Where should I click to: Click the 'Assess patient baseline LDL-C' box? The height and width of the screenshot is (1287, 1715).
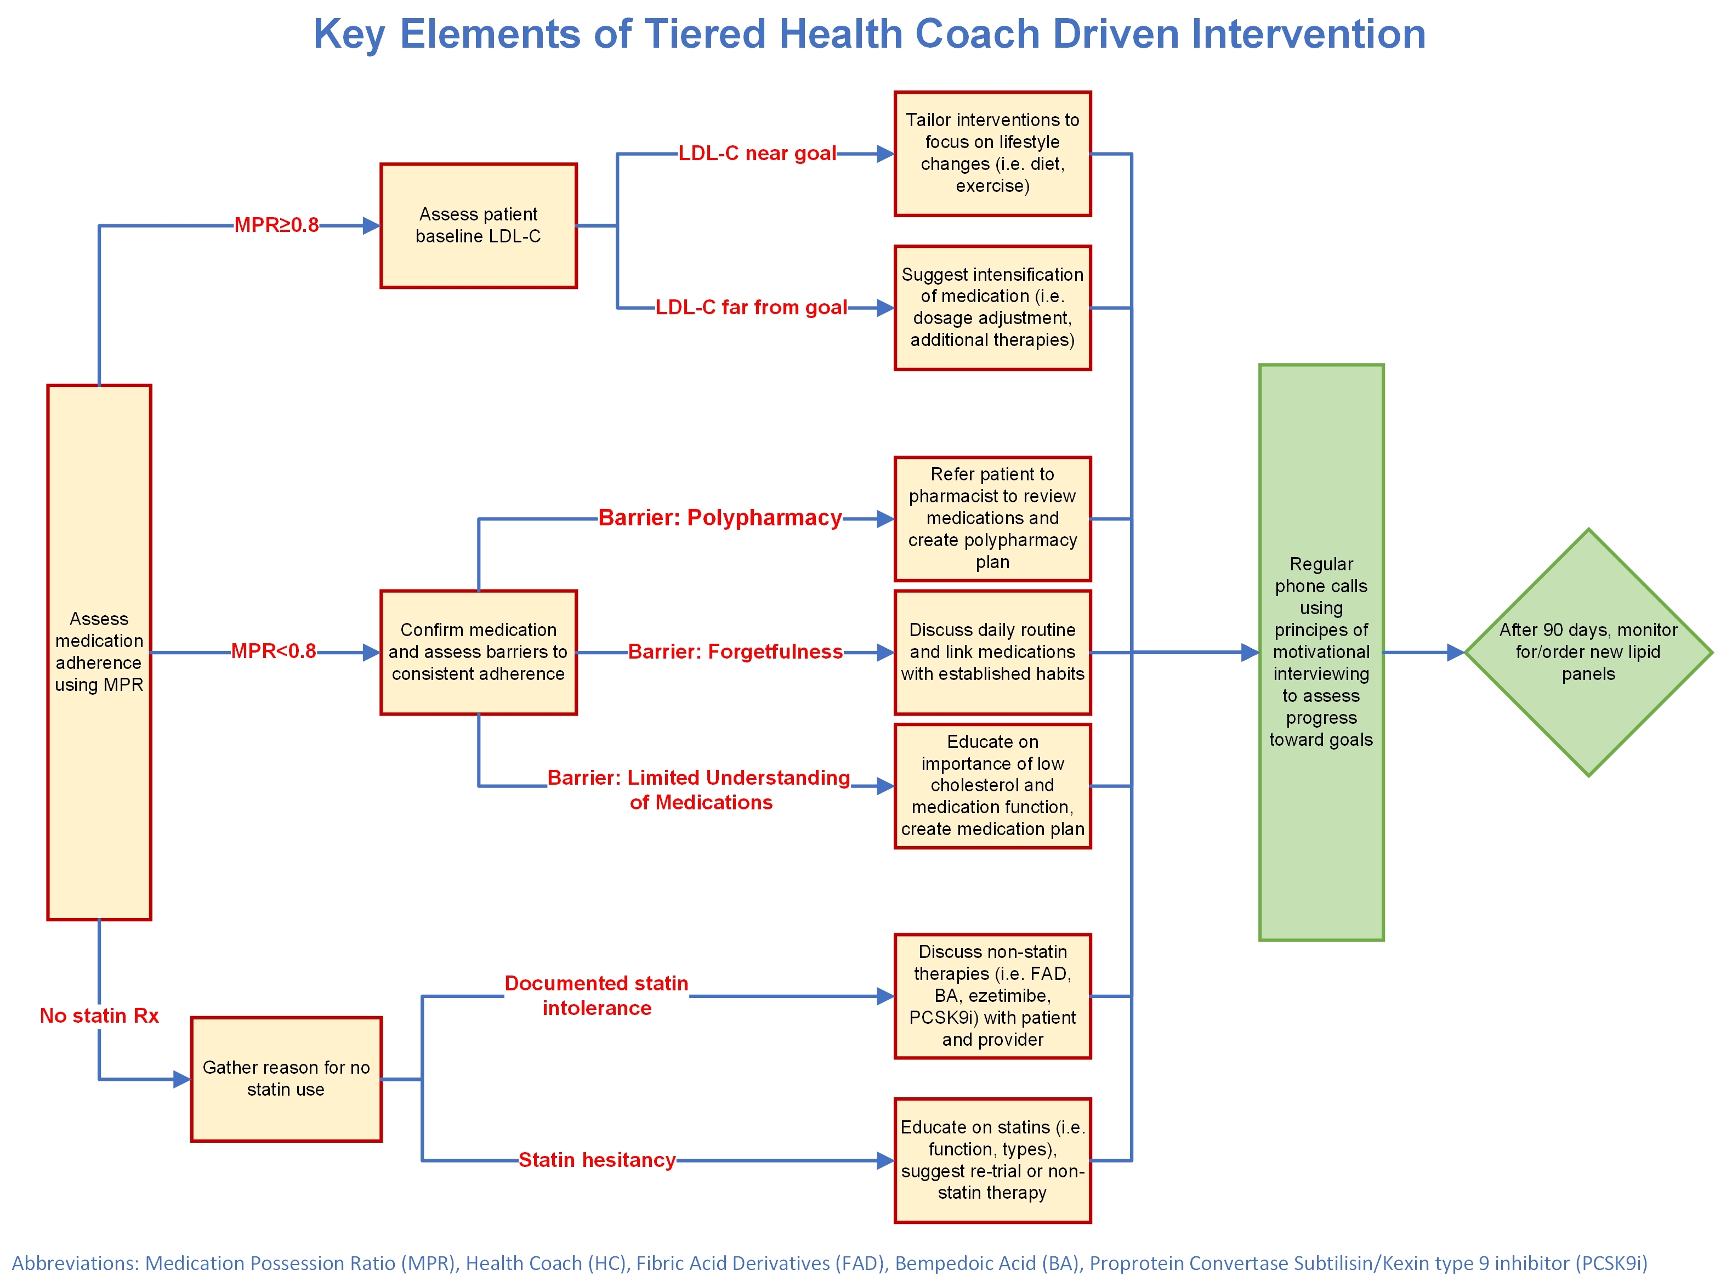[479, 225]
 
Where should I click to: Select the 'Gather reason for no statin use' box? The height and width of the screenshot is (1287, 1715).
[286, 1079]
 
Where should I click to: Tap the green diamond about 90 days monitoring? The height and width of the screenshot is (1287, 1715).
[1588, 652]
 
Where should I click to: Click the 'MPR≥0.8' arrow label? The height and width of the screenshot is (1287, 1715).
[277, 225]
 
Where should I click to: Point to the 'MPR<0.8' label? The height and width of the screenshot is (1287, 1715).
[274, 651]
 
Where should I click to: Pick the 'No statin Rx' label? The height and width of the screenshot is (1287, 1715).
[99, 1016]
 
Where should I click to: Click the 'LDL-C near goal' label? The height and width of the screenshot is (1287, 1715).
[758, 154]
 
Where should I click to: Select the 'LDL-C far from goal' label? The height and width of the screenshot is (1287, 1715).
[751, 308]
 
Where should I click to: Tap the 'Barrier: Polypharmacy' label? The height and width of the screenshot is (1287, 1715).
[720, 518]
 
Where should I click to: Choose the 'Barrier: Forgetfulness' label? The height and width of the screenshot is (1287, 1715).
[735, 652]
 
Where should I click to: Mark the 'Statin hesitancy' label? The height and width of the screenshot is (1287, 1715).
[597, 1160]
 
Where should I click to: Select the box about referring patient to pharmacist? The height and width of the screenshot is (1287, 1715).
[992, 519]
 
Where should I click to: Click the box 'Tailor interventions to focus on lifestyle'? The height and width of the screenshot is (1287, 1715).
[992, 154]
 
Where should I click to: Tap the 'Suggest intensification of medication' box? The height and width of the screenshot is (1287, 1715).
[992, 308]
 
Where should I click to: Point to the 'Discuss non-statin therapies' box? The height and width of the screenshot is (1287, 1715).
[992, 995]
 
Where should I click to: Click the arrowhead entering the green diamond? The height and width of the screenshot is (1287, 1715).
[1455, 653]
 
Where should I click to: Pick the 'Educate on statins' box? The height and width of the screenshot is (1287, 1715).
[992, 1160]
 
